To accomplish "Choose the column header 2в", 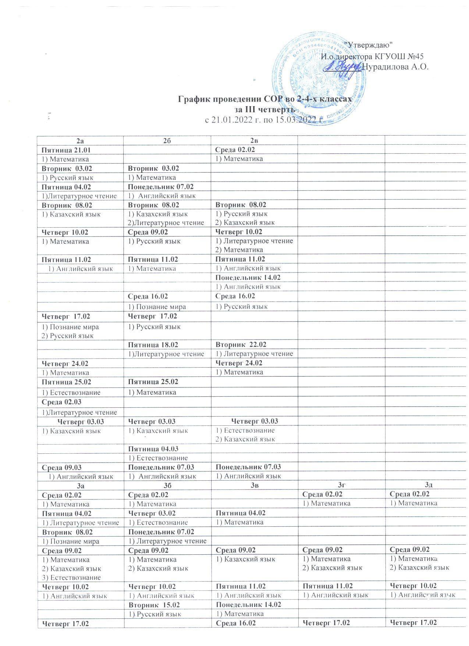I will coord(254,140).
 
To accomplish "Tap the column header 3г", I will coord(341,485).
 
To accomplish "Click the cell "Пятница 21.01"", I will coord(66,150).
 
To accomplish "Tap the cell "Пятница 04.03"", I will coord(153,449).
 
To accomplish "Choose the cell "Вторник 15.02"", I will coord(152,605).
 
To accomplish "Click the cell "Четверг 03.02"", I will coord(152,513).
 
